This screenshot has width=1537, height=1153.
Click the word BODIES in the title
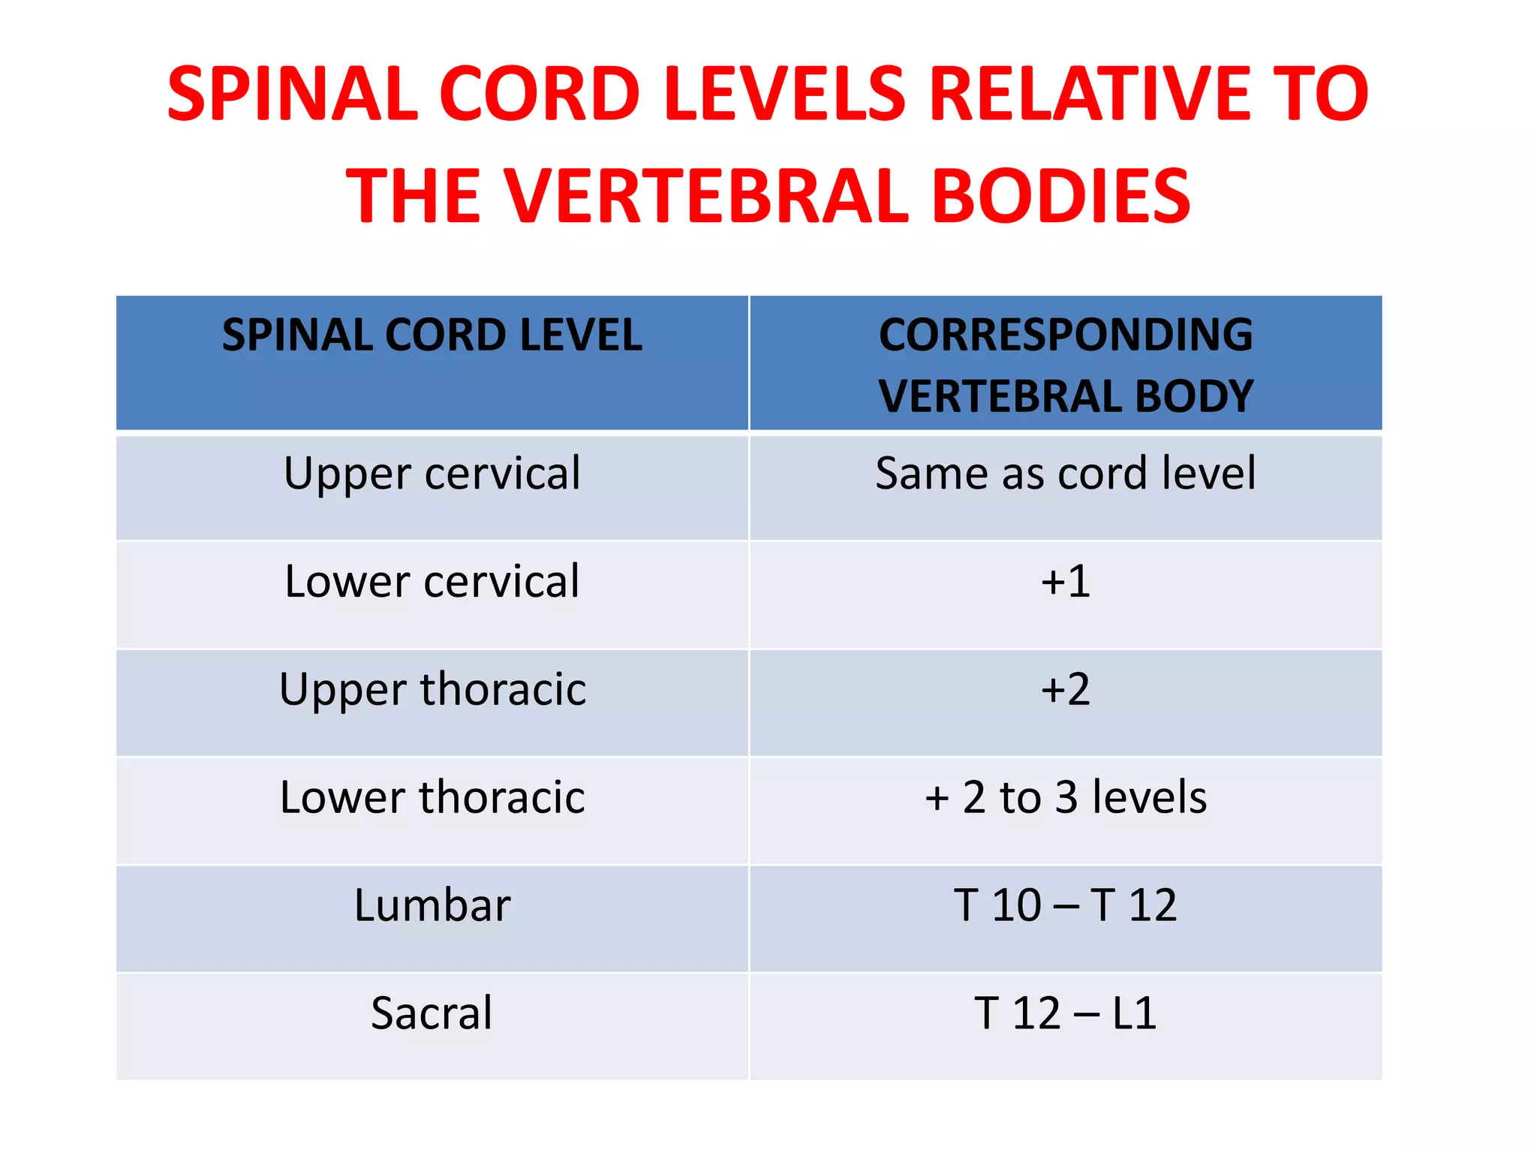point(1060,196)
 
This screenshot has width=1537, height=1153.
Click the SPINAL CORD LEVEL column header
point(432,335)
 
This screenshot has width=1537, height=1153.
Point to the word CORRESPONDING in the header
point(1066,335)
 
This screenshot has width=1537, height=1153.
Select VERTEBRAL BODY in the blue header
point(1066,396)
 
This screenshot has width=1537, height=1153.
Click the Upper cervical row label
point(432,474)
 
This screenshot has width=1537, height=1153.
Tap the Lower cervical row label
point(432,582)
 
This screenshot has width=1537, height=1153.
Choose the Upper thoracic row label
point(432,689)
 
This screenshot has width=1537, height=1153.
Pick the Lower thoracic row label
point(432,797)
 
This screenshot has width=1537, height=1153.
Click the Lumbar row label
point(432,905)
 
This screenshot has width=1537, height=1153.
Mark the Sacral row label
point(432,1013)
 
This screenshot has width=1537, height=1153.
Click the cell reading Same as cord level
point(1066,474)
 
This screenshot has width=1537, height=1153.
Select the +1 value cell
point(1066,582)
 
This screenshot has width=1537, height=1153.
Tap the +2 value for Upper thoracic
point(1066,689)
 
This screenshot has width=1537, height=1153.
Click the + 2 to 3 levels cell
point(1066,797)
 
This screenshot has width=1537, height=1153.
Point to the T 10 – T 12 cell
point(1066,905)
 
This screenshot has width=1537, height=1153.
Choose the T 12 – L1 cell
point(1066,1013)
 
